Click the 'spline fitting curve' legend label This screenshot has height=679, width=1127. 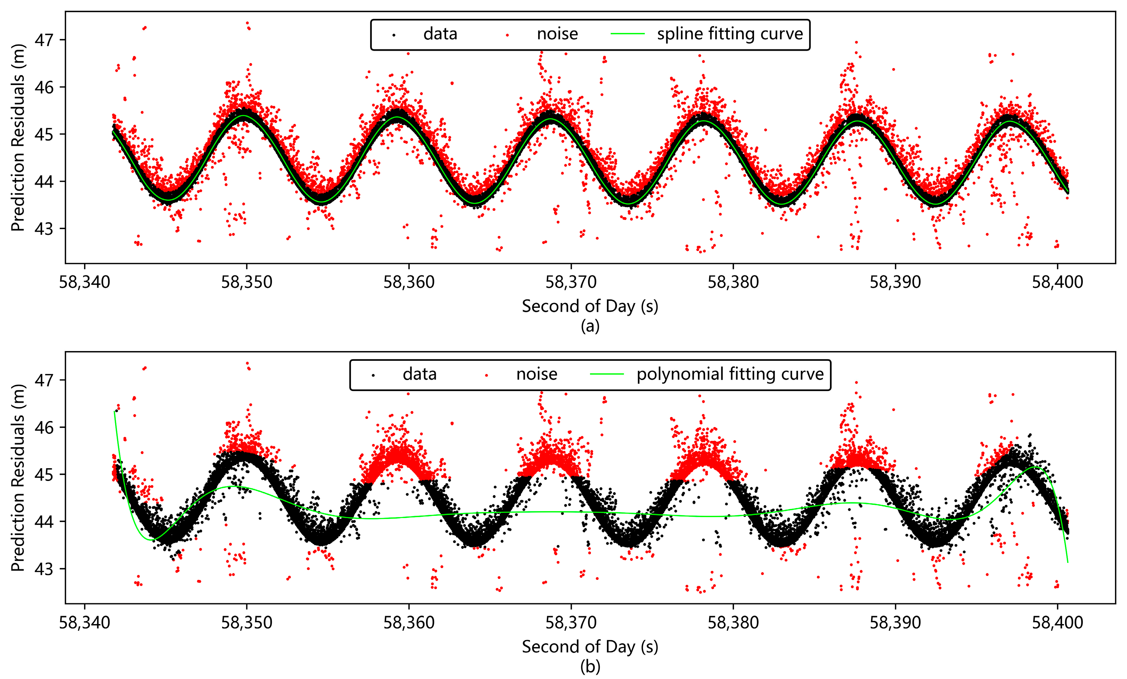[x=730, y=34]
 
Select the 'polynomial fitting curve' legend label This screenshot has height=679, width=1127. [x=730, y=375]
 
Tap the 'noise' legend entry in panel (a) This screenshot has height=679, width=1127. [x=557, y=34]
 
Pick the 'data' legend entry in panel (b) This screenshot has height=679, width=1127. [x=419, y=375]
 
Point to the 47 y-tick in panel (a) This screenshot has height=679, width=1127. [x=44, y=40]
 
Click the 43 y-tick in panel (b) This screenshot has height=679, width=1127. [x=44, y=569]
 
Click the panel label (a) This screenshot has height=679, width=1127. [x=590, y=326]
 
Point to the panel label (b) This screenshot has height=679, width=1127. [x=590, y=667]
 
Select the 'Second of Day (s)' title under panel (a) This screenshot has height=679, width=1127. [x=590, y=306]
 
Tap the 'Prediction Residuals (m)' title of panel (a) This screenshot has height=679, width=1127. [x=18, y=137]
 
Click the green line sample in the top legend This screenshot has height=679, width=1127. [x=628, y=34]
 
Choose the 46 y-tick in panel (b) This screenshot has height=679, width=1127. [x=44, y=427]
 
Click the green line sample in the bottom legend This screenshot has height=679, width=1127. [x=607, y=375]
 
